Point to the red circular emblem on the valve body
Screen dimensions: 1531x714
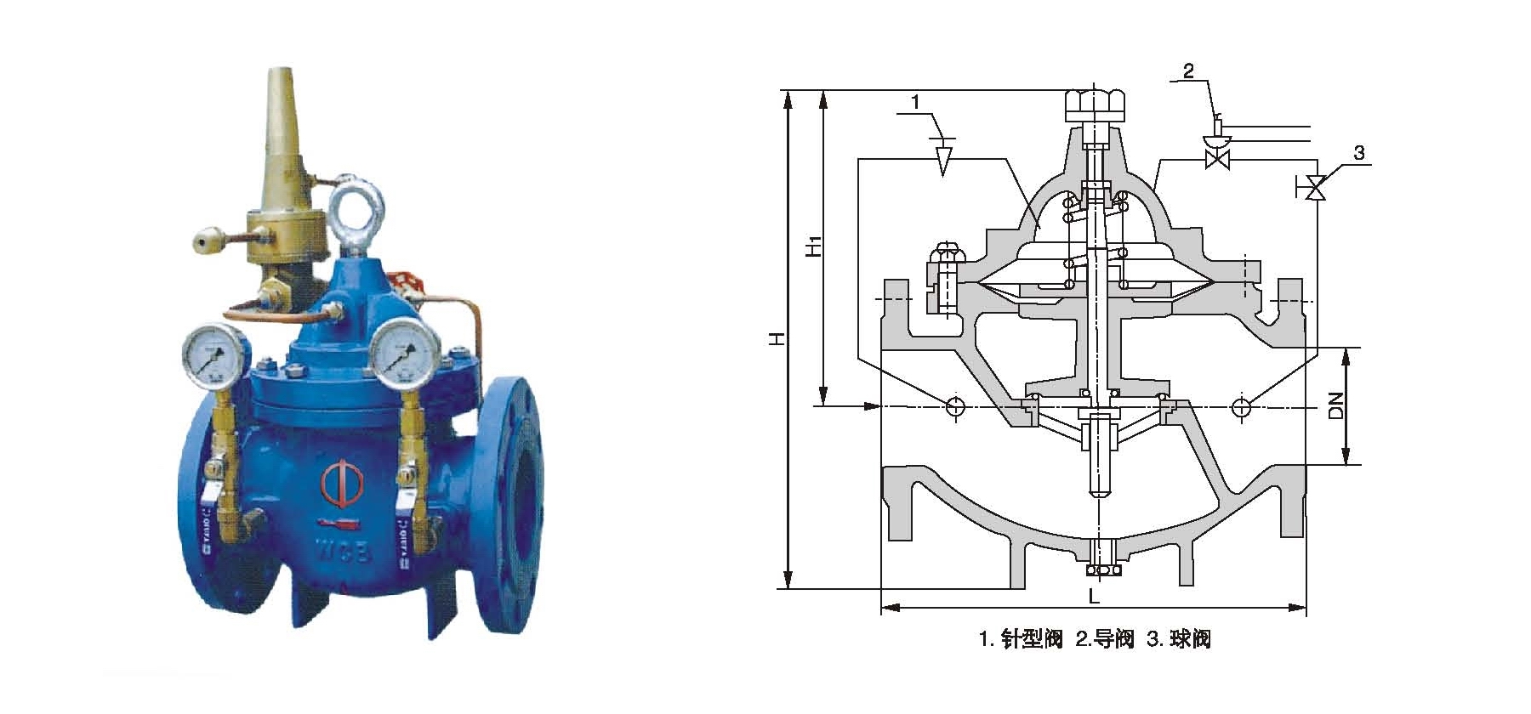pos(342,483)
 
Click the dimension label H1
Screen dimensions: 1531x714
pos(813,246)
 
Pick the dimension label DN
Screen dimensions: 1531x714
pos(1335,405)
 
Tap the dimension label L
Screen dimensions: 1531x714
pos(1095,597)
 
